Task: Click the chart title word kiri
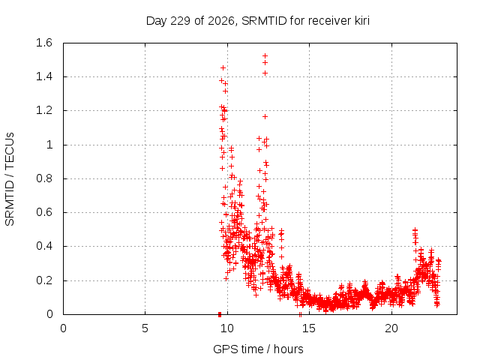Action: (361, 21)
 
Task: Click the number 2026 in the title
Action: (220, 21)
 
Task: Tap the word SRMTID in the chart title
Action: (264, 21)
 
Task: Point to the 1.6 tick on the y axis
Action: (44, 43)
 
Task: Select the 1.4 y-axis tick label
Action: (44, 76)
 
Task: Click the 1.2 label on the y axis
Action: (44, 110)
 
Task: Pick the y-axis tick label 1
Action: (49, 145)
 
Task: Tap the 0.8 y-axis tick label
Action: (44, 178)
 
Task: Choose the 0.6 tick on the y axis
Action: (44, 212)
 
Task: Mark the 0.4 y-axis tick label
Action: (44, 247)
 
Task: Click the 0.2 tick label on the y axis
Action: (44, 280)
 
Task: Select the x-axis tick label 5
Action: (145, 328)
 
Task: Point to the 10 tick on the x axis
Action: (227, 328)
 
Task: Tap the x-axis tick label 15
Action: (309, 328)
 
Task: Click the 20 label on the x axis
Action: (391, 328)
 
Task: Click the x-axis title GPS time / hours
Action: (258, 349)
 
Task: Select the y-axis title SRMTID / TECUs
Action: (10, 179)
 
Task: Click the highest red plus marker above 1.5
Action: (265, 55)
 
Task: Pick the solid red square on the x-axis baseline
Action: (220, 314)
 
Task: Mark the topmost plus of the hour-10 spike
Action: (223, 67)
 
